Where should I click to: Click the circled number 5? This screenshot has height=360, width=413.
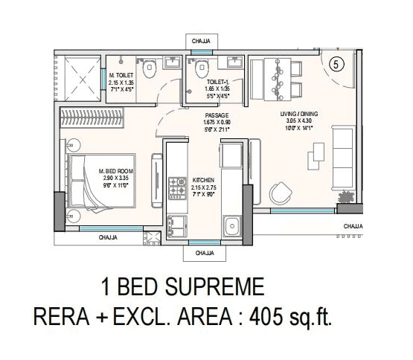click(x=336, y=64)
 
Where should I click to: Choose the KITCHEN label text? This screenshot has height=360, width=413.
click(x=203, y=180)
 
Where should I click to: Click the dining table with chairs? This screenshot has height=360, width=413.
click(x=281, y=77)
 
